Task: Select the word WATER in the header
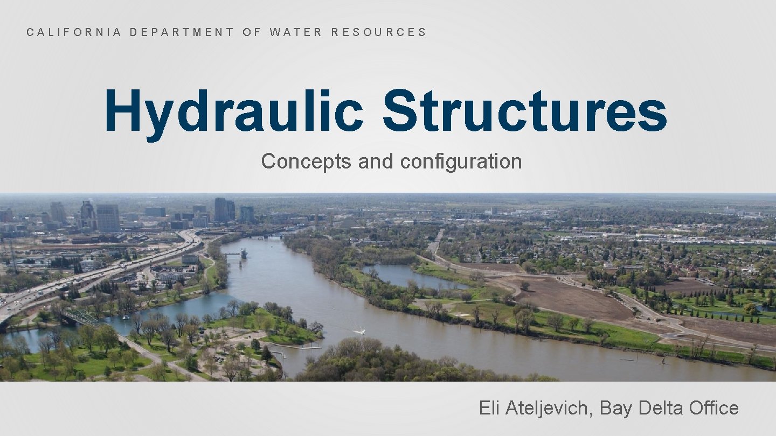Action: tap(296, 32)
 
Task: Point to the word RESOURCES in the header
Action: tap(378, 32)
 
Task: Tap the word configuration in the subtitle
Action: tap(461, 161)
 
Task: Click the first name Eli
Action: tap(490, 408)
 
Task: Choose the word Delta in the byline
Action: tap(661, 408)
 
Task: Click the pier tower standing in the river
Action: tap(244, 253)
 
